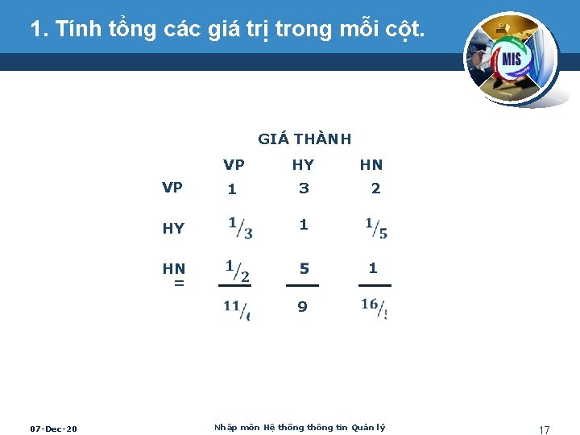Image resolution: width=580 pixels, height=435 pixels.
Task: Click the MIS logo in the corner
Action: coord(509,58)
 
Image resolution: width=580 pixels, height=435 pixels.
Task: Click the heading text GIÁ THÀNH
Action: coord(304,139)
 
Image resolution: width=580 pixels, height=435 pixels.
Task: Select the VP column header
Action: coord(234,165)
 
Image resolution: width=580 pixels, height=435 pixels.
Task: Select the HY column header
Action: coord(303,165)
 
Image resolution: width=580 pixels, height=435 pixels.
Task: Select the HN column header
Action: coord(371,165)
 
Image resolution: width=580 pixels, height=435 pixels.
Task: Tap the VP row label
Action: coord(172,188)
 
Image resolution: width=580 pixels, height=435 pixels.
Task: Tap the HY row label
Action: coord(173,229)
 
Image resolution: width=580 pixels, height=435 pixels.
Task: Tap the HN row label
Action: coord(174,268)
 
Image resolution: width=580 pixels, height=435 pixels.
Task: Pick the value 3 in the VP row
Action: coord(304,188)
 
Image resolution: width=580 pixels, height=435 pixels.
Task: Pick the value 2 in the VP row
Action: coord(375,188)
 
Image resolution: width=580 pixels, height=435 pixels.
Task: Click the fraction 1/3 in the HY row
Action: coord(240,228)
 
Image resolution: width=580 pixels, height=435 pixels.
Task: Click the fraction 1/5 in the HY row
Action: coord(376,228)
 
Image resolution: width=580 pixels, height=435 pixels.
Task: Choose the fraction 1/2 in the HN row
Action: coord(237,271)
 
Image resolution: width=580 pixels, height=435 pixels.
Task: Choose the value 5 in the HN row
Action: coord(304,268)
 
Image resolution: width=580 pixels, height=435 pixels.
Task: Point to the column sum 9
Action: coord(302,307)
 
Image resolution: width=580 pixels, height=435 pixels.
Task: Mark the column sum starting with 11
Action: coord(237,309)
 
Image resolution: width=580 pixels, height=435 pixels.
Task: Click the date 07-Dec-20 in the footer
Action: coord(53,429)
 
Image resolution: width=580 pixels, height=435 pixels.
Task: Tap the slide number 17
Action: coord(544,430)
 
